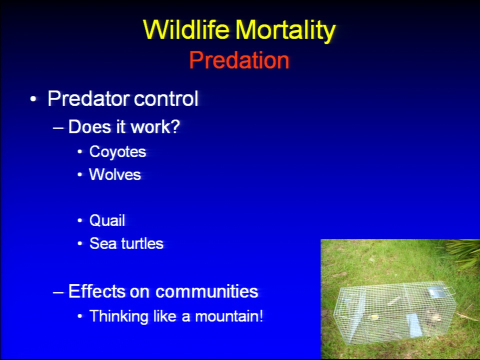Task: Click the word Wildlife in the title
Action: (x=186, y=29)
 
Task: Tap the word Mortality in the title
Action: (x=285, y=31)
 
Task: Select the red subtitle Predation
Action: (x=239, y=60)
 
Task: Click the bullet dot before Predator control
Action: (x=33, y=99)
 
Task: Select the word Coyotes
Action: (x=117, y=152)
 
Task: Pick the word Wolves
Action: (x=115, y=174)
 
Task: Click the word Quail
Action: (x=107, y=220)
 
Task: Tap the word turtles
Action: (x=142, y=243)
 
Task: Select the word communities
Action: (x=206, y=291)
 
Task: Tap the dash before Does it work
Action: (x=58, y=127)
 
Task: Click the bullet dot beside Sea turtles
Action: (x=80, y=243)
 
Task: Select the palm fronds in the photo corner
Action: (x=463, y=252)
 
